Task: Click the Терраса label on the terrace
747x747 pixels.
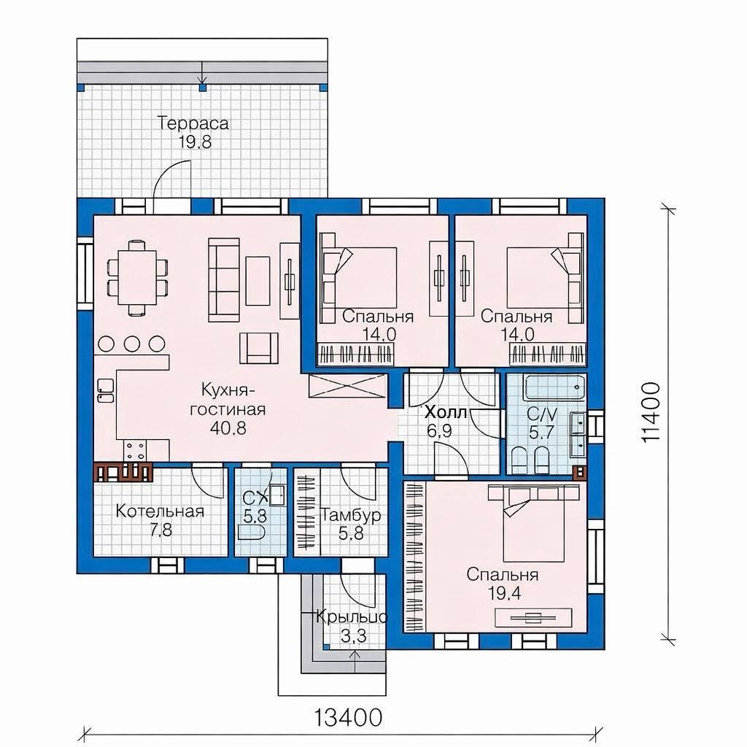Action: (193, 123)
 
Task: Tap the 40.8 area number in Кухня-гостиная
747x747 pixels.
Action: (228, 427)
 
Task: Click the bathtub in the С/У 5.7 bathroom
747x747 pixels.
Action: (554, 388)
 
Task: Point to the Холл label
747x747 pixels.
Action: (446, 412)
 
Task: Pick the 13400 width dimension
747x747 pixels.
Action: (348, 716)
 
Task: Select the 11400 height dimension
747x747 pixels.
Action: (651, 413)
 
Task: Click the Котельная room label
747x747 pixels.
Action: (160, 511)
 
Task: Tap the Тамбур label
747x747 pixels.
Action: (351, 516)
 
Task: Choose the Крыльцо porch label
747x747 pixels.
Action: (352, 617)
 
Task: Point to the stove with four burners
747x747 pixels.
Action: (135, 451)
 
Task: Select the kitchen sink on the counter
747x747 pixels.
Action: (105, 391)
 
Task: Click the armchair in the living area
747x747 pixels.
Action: (259, 348)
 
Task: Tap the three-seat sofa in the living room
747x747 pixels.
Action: (224, 281)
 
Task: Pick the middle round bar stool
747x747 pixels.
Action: (131, 343)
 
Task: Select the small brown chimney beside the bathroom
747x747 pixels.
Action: (579, 473)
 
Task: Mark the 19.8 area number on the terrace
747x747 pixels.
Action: (195, 142)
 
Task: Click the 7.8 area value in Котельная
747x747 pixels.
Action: (161, 530)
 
